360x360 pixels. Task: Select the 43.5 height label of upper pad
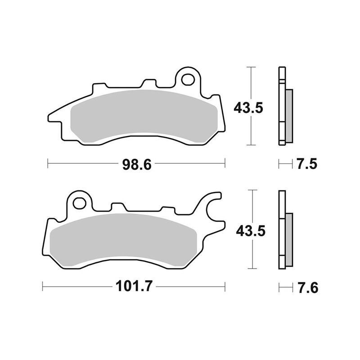[x=246, y=108]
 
